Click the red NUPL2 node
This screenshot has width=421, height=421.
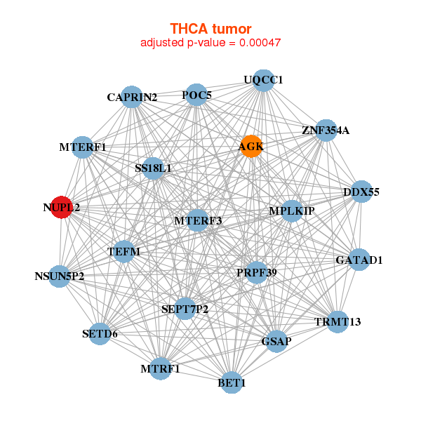click(62, 208)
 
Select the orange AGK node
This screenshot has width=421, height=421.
click(250, 147)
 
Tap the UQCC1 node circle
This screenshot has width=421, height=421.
click(263, 81)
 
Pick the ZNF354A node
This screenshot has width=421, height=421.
click(325, 130)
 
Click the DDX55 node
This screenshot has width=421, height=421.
click(361, 192)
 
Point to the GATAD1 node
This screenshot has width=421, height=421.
click(359, 260)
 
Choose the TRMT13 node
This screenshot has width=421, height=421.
click(338, 321)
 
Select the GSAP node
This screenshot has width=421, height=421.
click(276, 341)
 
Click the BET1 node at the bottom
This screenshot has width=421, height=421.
click(232, 382)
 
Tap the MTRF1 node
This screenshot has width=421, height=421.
click(160, 368)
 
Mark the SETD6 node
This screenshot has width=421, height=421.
click(100, 333)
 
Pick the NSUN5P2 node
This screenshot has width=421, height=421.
click(60, 276)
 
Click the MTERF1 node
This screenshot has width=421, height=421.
click(83, 147)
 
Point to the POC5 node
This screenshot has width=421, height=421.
click(197, 95)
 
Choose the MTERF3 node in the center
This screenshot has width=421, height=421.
click(198, 220)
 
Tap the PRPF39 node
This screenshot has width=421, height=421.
click(256, 272)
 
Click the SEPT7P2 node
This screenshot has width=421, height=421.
click(185, 308)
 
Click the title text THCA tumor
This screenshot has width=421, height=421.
click(210, 29)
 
